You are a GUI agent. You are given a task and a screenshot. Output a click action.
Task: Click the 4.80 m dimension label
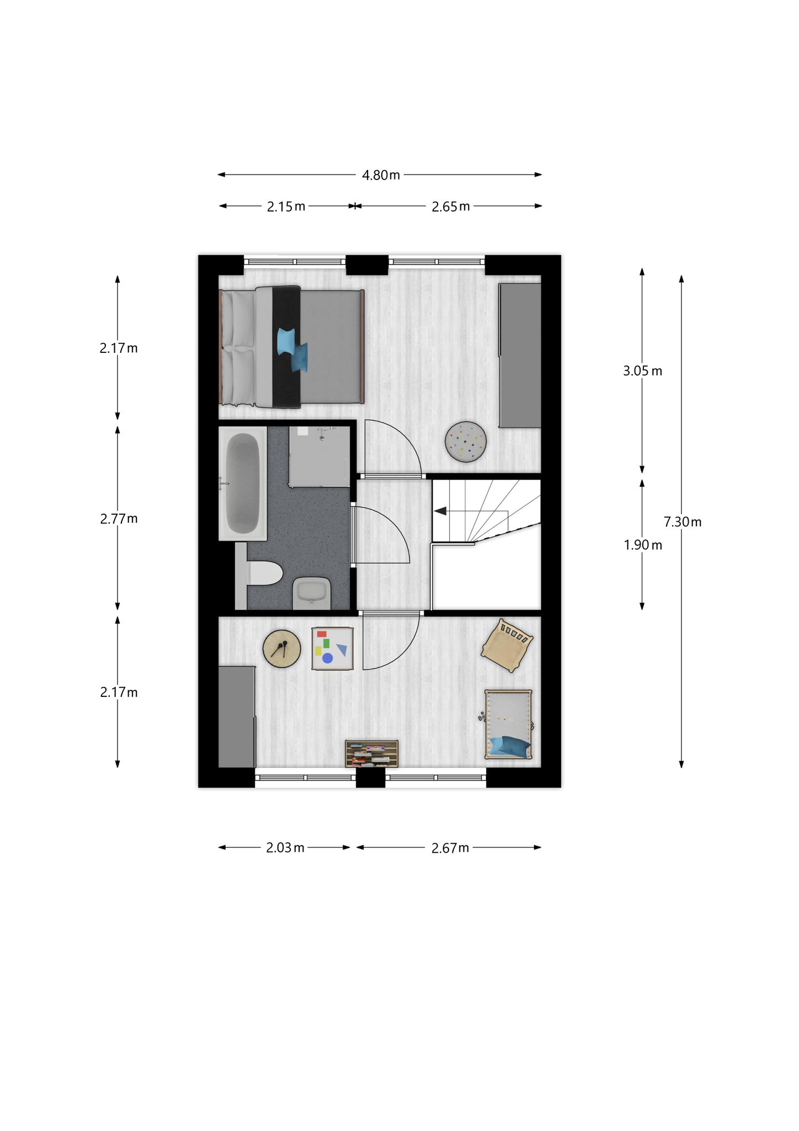click(x=381, y=176)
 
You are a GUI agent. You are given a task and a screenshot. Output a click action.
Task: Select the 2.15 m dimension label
click(x=286, y=207)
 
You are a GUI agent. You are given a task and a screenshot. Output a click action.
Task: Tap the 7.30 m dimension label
click(x=683, y=522)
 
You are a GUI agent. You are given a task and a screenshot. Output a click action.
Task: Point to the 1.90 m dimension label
click(x=643, y=545)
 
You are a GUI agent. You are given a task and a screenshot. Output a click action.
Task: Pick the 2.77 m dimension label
click(x=119, y=519)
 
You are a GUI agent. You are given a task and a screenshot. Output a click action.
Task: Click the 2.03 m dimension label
click(x=285, y=848)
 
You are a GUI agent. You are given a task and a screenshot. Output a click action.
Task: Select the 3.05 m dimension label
click(x=643, y=371)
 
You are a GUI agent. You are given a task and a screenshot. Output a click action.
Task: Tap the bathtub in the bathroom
click(x=243, y=483)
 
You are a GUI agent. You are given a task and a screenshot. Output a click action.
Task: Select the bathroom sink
click(x=312, y=593)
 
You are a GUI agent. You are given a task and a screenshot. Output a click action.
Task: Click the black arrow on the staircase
click(x=440, y=511)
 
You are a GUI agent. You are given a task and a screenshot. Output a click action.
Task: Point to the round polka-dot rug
click(x=466, y=442)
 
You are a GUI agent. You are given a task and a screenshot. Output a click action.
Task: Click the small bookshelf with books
click(x=372, y=754)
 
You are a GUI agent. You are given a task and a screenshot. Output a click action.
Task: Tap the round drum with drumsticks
click(x=282, y=649)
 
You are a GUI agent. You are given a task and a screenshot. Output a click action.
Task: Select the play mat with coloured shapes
click(x=332, y=648)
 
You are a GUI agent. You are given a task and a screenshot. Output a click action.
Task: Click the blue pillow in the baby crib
click(x=510, y=746)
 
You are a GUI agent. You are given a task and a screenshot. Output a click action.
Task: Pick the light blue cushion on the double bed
click(x=286, y=341)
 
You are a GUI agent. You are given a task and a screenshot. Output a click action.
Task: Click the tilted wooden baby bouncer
click(x=507, y=645)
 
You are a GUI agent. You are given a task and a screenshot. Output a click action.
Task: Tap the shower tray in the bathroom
click(x=319, y=456)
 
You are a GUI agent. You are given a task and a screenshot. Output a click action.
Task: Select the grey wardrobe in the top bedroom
click(x=520, y=355)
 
